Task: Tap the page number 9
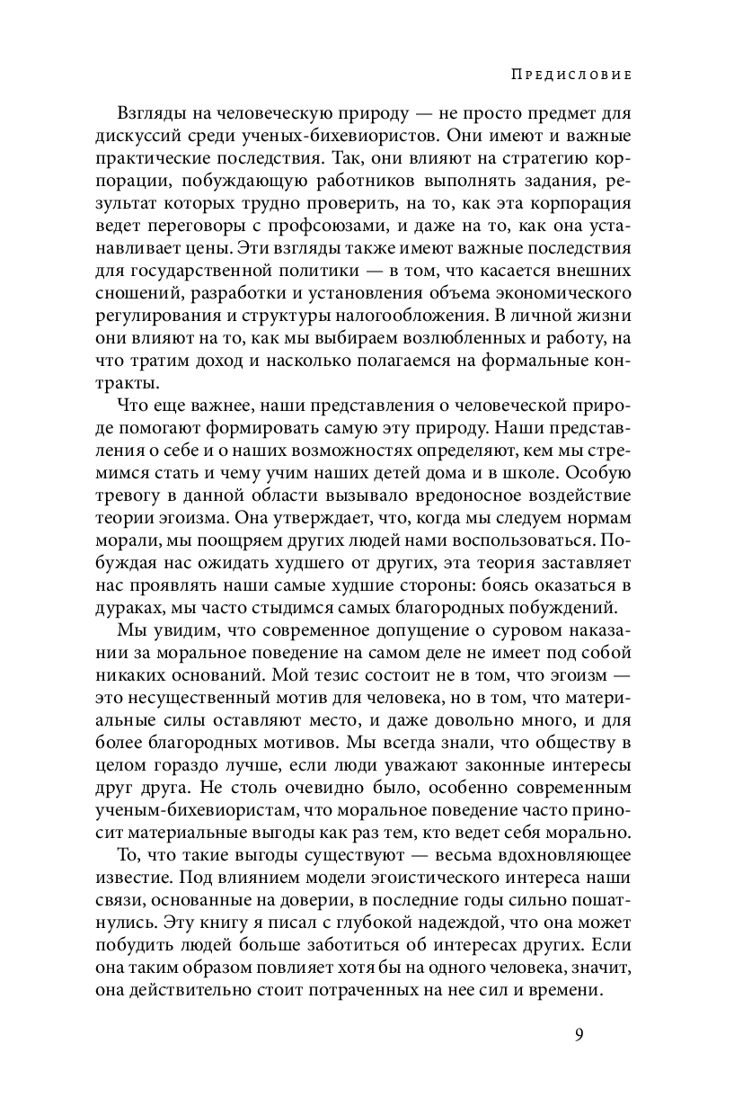point(579,1034)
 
